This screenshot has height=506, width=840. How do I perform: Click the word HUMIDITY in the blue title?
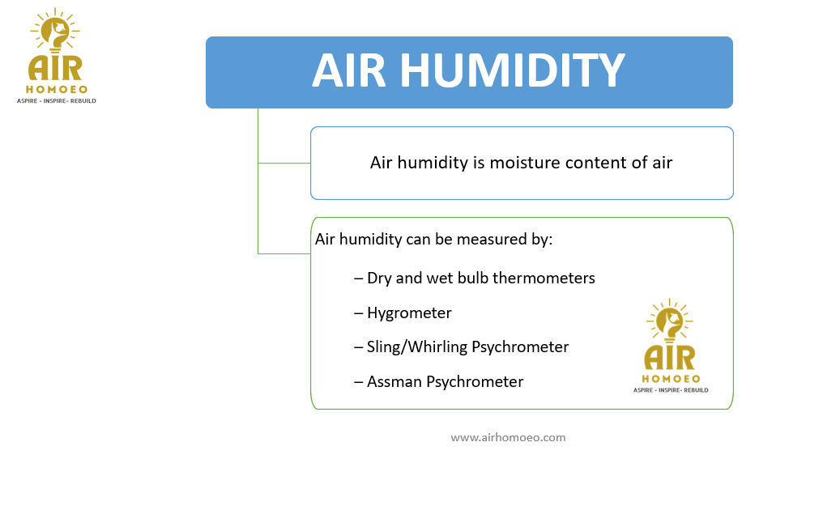(x=512, y=70)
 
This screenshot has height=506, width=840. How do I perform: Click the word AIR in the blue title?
(x=349, y=70)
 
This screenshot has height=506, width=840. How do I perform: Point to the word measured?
(x=491, y=239)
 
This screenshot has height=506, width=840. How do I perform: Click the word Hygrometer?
(x=409, y=313)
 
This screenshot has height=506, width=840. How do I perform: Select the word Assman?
(x=394, y=382)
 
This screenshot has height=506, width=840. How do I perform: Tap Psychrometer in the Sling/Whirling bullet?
(x=520, y=347)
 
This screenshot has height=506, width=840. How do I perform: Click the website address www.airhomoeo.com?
(x=508, y=437)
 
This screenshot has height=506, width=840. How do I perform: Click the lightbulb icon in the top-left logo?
(x=55, y=31)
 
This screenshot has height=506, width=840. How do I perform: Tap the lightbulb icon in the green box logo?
(x=670, y=321)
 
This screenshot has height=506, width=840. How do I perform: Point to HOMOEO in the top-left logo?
(x=57, y=89)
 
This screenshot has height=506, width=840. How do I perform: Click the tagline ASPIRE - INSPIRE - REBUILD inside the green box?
(x=671, y=390)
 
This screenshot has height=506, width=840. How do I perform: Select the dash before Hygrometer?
(x=358, y=313)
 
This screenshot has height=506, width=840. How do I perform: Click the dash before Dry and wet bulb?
(x=358, y=279)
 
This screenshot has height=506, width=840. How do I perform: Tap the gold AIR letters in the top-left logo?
(x=55, y=68)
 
